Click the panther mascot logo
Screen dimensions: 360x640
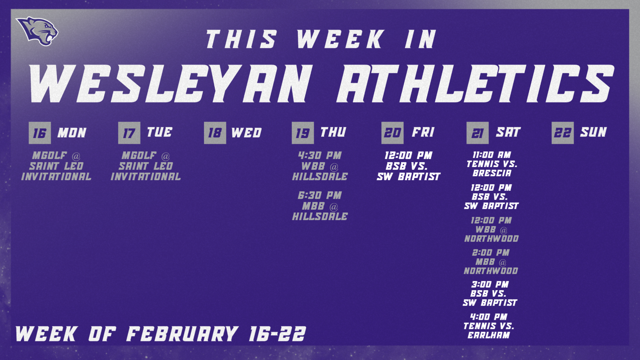[38, 31]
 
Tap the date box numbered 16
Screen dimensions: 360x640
[40, 133]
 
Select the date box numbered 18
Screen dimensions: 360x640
[215, 133]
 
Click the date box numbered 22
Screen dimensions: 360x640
[563, 133]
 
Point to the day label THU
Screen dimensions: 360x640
[333, 132]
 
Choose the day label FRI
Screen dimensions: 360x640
[423, 132]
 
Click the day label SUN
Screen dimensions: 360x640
[594, 132]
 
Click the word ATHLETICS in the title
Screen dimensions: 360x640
[475, 84]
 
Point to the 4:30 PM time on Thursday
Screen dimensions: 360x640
[320, 156]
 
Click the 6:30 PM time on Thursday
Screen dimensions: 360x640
[320, 195]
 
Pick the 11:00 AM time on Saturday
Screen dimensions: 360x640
[492, 155]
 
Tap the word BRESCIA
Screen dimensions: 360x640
[492, 173]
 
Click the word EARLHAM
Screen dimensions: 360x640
[489, 335]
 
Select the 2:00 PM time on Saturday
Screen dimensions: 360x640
[491, 252]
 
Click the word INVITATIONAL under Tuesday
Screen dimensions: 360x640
[146, 177]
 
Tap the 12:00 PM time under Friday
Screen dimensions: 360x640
[408, 156]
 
